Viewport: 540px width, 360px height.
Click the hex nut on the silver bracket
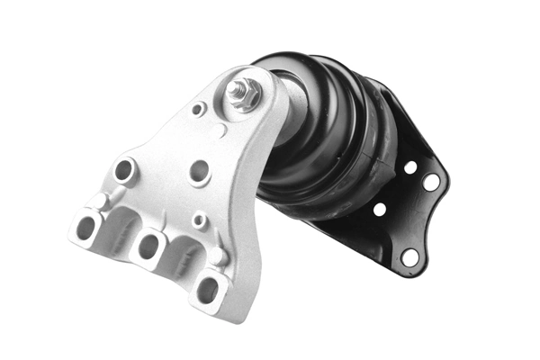(244, 94)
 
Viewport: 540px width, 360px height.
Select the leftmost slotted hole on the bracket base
(87, 227)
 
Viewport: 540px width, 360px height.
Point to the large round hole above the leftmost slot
(123, 169)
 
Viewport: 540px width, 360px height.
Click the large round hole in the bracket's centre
(200, 170)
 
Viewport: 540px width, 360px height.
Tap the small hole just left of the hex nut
(198, 108)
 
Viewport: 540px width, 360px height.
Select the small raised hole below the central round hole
(200, 219)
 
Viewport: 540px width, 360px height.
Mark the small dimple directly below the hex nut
(222, 132)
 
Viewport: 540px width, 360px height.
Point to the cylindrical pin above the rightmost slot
(219, 256)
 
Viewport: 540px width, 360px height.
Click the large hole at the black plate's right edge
(431, 182)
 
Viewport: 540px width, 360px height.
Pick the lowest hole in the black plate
(410, 256)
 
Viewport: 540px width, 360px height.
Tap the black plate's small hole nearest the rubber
(380, 210)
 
